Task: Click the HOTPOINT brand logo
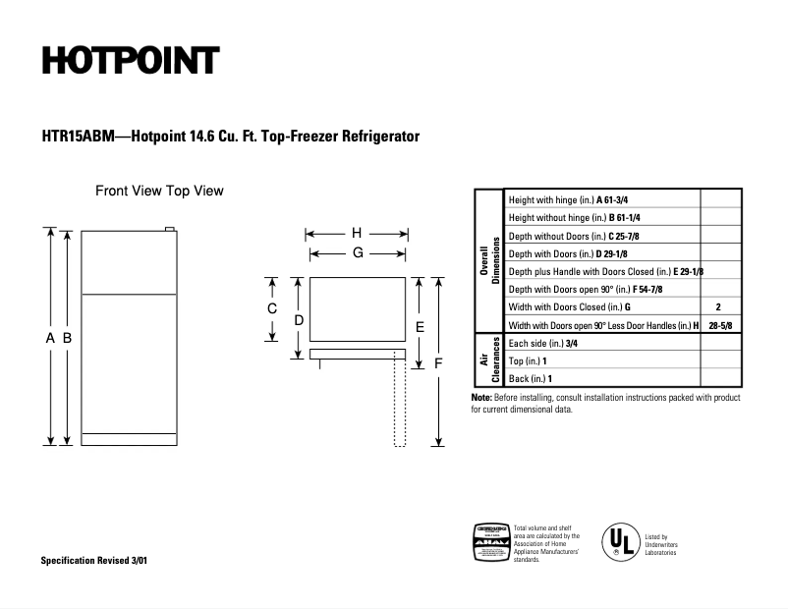coord(129,61)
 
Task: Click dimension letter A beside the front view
coord(50,338)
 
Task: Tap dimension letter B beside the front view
coord(67,338)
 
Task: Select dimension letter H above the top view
coord(357,234)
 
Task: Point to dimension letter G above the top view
coord(358,252)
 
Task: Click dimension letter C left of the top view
coord(272,308)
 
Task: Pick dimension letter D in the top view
coord(299,320)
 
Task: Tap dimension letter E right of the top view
coord(420,326)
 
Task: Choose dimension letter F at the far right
coord(438,362)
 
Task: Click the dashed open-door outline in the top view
coord(400,404)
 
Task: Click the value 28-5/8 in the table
coord(720,325)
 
